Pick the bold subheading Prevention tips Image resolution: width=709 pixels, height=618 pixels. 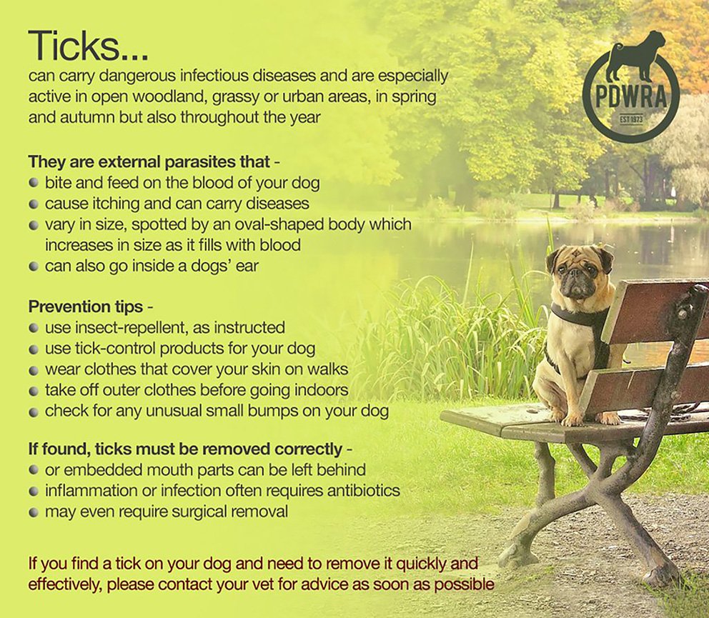pos(85,307)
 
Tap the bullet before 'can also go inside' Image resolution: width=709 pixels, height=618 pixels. pos(34,266)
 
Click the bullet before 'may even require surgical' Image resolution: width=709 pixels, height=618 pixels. pos(34,512)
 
